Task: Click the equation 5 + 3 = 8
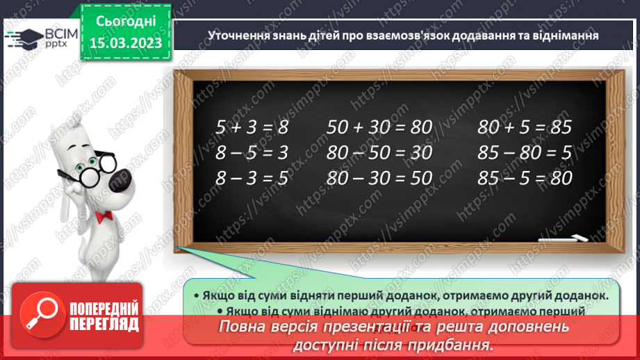(x=251, y=127)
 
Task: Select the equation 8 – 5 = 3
(x=251, y=152)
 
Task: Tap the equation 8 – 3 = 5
(x=251, y=178)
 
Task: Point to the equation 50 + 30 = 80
(x=379, y=127)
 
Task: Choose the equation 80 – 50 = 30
(x=379, y=152)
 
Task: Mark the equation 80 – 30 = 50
(x=379, y=178)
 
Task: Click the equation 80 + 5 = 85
(x=525, y=127)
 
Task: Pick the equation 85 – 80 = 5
(x=525, y=152)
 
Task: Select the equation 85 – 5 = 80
(x=525, y=178)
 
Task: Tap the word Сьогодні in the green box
(x=125, y=22)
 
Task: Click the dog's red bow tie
(x=104, y=218)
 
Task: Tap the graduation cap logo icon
(x=22, y=36)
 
